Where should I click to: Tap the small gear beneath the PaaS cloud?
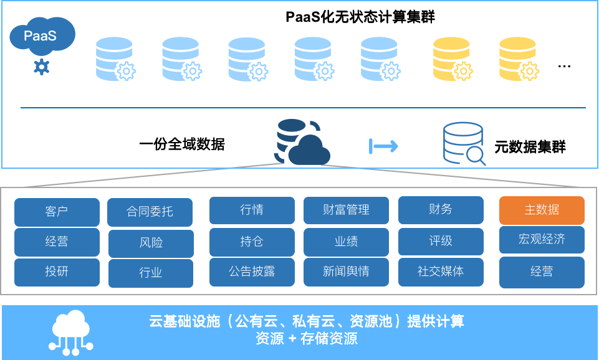(41, 66)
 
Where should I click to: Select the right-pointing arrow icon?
(384, 146)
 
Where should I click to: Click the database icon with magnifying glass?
(464, 143)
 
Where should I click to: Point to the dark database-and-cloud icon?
(302, 143)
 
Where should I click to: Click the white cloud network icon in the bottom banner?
(71, 332)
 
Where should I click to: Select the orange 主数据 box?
(542, 211)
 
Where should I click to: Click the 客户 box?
(57, 212)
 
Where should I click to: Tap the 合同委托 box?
(150, 212)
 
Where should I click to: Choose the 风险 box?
(151, 243)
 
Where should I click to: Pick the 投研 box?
(57, 272)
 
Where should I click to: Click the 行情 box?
(252, 210)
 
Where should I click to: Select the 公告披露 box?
(252, 272)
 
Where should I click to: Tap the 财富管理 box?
(346, 210)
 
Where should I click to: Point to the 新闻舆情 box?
(346, 272)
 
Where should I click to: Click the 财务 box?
(441, 210)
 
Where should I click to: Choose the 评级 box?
(441, 241)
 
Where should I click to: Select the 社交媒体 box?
(441, 272)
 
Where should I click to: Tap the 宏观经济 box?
(542, 239)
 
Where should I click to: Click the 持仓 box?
(252, 242)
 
